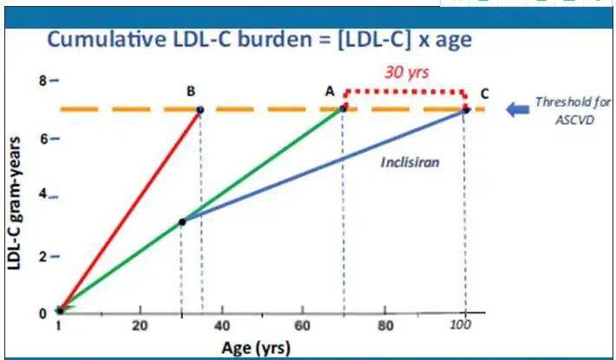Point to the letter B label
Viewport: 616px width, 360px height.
click(190, 90)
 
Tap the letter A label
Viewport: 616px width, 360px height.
click(330, 90)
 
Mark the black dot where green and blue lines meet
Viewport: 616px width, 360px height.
click(181, 222)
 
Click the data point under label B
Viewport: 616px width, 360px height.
click(200, 110)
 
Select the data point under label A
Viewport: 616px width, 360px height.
click(344, 108)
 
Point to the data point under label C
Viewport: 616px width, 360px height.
click(466, 109)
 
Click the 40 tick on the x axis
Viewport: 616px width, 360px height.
click(221, 327)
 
